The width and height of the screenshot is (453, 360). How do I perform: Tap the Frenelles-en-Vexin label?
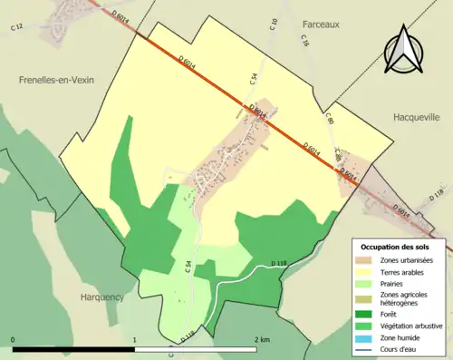(x=56, y=80)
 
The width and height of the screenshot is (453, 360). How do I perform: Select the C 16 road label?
(x=305, y=42)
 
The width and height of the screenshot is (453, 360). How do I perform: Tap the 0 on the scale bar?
(x=13, y=339)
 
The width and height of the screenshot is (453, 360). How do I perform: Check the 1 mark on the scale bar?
(x=135, y=339)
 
